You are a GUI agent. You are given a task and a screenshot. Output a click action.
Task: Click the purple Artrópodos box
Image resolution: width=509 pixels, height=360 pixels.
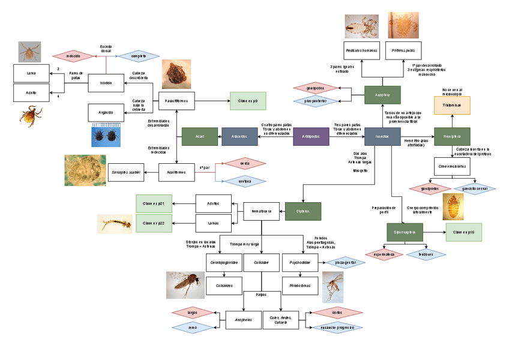[311, 137]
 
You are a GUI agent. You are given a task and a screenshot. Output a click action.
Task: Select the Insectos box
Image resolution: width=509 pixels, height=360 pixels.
[382, 137]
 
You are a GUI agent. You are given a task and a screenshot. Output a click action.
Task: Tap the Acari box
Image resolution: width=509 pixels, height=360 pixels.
[199, 137]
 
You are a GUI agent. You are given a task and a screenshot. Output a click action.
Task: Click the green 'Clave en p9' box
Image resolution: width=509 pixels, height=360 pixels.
[248, 101]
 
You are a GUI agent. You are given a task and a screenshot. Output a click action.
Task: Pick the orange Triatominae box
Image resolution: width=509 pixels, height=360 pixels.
[452, 105]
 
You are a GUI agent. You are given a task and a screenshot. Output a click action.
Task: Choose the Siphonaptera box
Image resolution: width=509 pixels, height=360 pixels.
[405, 232]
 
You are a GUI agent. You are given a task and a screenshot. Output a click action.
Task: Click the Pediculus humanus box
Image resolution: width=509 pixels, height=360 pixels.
[361, 50]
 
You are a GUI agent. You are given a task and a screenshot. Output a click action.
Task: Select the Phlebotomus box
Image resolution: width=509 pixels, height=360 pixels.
[300, 286]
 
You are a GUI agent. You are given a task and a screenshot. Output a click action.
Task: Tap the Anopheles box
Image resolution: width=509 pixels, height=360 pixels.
[243, 319]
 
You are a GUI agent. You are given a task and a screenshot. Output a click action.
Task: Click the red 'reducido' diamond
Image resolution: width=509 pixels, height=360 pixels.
[73, 56]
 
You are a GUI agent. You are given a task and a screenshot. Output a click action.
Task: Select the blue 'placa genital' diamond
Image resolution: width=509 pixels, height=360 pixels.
[345, 262]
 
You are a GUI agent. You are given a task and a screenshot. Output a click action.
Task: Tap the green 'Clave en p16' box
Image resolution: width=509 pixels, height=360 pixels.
[464, 232]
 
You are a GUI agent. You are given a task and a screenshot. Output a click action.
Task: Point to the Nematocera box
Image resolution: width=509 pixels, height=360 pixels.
[261, 211]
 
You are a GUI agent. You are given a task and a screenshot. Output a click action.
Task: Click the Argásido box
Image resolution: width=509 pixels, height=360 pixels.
[106, 112]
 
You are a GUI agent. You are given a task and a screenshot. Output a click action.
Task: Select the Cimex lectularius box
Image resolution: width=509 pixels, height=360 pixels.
[452, 165]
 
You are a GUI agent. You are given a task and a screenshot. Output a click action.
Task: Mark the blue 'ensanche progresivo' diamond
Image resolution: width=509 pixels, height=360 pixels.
[333, 328]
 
